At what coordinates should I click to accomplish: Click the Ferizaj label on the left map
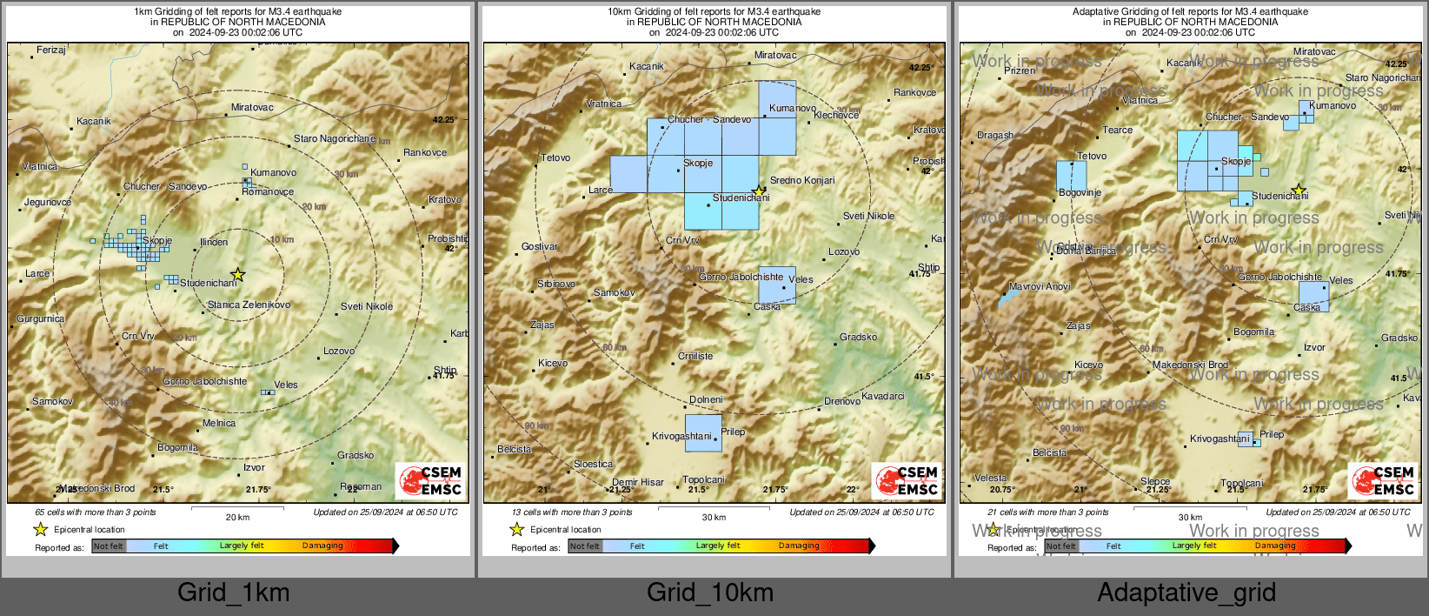pyautogui.click(x=50, y=50)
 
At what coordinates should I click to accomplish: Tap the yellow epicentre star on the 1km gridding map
pyautogui.click(x=238, y=275)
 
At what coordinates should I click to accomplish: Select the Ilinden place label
pyautogui.click(x=214, y=242)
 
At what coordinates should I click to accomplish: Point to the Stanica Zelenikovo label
pyautogui.click(x=249, y=305)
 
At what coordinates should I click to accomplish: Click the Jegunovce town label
pyautogui.click(x=48, y=202)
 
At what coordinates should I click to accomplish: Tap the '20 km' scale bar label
pyautogui.click(x=237, y=517)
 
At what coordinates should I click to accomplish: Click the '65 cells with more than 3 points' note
pyautogui.click(x=96, y=512)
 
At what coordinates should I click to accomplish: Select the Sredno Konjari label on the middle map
pyautogui.click(x=801, y=180)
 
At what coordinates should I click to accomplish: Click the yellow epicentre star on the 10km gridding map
pyautogui.click(x=759, y=191)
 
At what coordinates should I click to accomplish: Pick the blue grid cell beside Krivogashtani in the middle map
pyautogui.click(x=703, y=432)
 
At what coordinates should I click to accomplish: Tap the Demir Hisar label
pyautogui.click(x=637, y=482)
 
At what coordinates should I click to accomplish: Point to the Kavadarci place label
pyautogui.click(x=882, y=396)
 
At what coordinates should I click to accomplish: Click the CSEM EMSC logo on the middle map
pyautogui.click(x=907, y=480)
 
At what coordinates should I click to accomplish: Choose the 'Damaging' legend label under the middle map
pyautogui.click(x=799, y=546)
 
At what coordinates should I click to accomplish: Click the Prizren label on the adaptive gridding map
pyautogui.click(x=1020, y=70)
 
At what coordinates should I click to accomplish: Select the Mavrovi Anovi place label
pyautogui.click(x=1040, y=286)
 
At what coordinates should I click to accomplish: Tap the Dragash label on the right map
pyautogui.click(x=995, y=135)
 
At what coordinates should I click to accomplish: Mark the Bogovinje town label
pyautogui.click(x=1080, y=192)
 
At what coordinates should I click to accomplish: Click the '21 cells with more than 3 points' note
pyautogui.click(x=1048, y=512)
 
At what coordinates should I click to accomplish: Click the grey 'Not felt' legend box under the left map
pyautogui.click(x=109, y=546)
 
